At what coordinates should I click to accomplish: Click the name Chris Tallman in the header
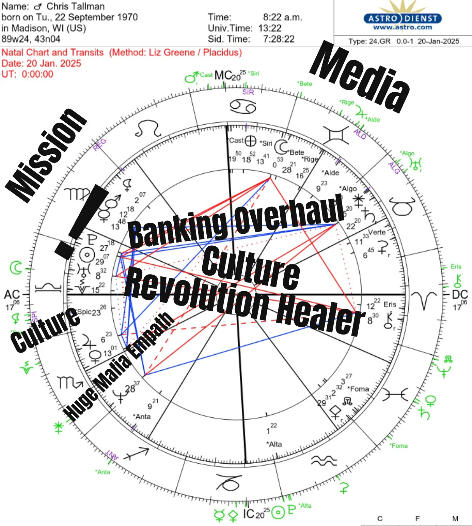75,6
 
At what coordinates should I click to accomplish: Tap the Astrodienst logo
403,18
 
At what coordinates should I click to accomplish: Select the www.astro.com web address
403,27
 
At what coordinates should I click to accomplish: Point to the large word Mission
46,155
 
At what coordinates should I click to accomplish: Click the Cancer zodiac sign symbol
242,107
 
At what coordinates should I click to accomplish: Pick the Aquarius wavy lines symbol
324,461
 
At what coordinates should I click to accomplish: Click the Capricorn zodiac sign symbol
229,482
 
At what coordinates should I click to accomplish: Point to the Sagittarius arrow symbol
136,454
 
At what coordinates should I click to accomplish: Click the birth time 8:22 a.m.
282,17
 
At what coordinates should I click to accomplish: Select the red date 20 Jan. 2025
41,63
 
